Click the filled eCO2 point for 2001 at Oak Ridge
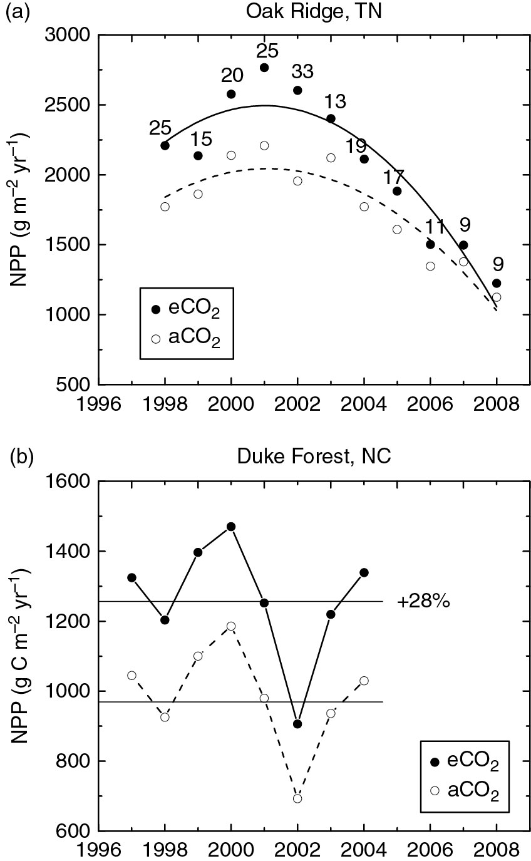264,68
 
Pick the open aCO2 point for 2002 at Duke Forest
297,798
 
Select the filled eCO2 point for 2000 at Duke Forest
231,527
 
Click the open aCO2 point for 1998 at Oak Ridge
165,207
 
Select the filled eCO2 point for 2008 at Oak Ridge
497,283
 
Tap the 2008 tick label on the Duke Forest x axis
496,850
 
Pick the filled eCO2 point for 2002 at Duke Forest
297,724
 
